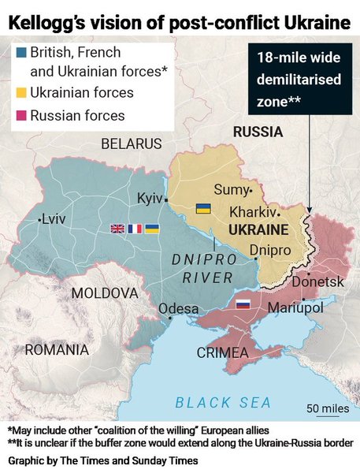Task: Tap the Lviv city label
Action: [x=54, y=218]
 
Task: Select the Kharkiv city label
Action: [x=253, y=212]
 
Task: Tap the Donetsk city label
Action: [x=317, y=281]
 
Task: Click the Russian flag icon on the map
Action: [x=243, y=304]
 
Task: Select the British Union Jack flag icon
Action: [x=117, y=229]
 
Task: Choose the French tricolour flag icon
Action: [x=135, y=229]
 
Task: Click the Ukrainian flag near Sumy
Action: [x=202, y=208]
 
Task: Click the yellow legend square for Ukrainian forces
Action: [x=22, y=93]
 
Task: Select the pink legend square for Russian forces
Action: [x=22, y=116]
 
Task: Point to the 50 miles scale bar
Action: [x=327, y=414]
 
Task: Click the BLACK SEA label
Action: [x=223, y=403]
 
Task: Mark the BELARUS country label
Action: [x=131, y=143]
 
